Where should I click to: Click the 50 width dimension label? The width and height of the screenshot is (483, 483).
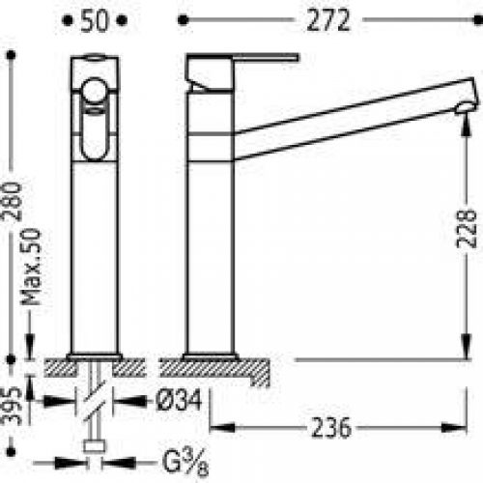[94, 21]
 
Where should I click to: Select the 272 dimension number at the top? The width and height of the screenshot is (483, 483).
[327, 21]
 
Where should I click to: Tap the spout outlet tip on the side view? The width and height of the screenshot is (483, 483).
[468, 106]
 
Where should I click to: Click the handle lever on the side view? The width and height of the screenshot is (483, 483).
[241, 60]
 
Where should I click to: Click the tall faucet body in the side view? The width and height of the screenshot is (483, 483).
[211, 241]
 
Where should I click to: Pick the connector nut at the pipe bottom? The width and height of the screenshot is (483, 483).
[95, 446]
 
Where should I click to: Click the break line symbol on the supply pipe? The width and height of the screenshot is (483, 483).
[94, 402]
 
